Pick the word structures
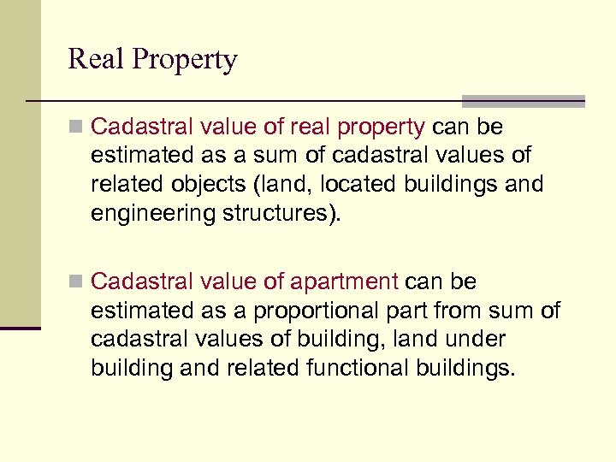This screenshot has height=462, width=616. [x=280, y=214]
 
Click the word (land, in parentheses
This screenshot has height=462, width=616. [x=263, y=186]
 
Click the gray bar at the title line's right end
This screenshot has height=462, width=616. [x=524, y=100]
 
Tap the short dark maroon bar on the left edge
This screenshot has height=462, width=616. [x=21, y=328]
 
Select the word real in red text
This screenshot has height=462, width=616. [x=311, y=127]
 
